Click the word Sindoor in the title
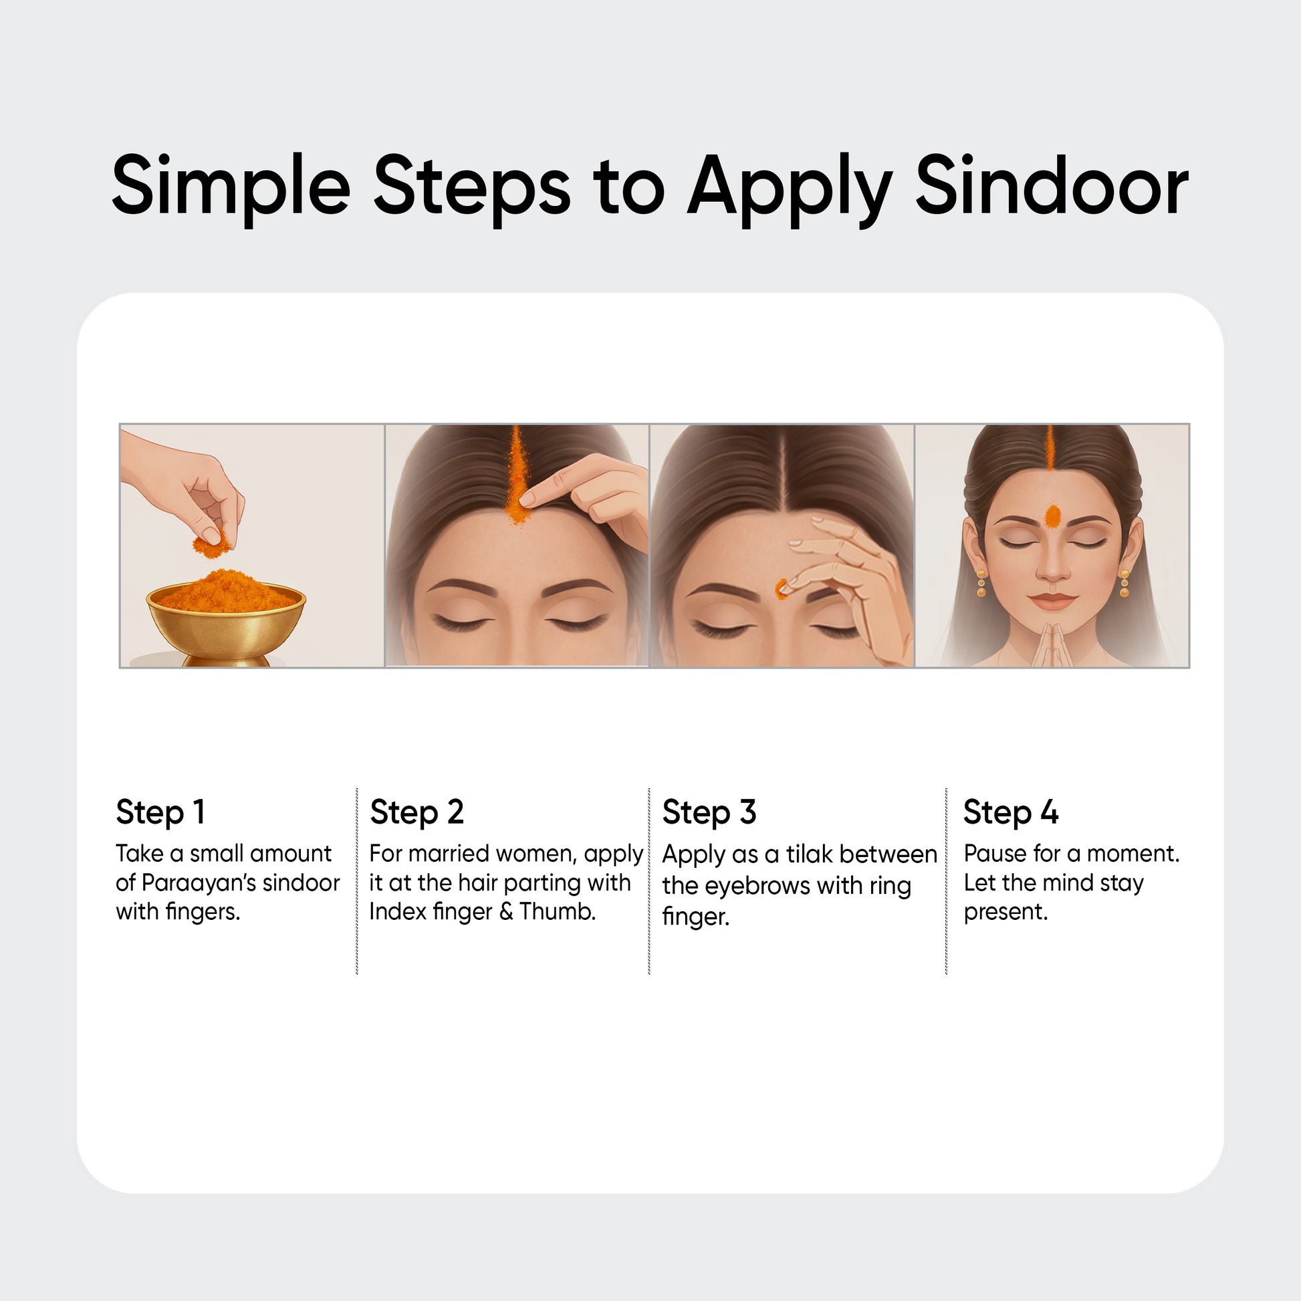(x=1052, y=185)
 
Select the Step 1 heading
(x=160, y=812)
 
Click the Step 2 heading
(x=417, y=812)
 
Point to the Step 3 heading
(x=709, y=812)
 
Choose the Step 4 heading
(x=1011, y=812)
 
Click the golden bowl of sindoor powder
(x=226, y=618)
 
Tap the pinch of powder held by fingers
(x=211, y=544)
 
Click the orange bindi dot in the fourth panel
(x=1052, y=517)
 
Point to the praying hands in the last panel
(x=1052, y=644)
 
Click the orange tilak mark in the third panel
(x=781, y=588)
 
